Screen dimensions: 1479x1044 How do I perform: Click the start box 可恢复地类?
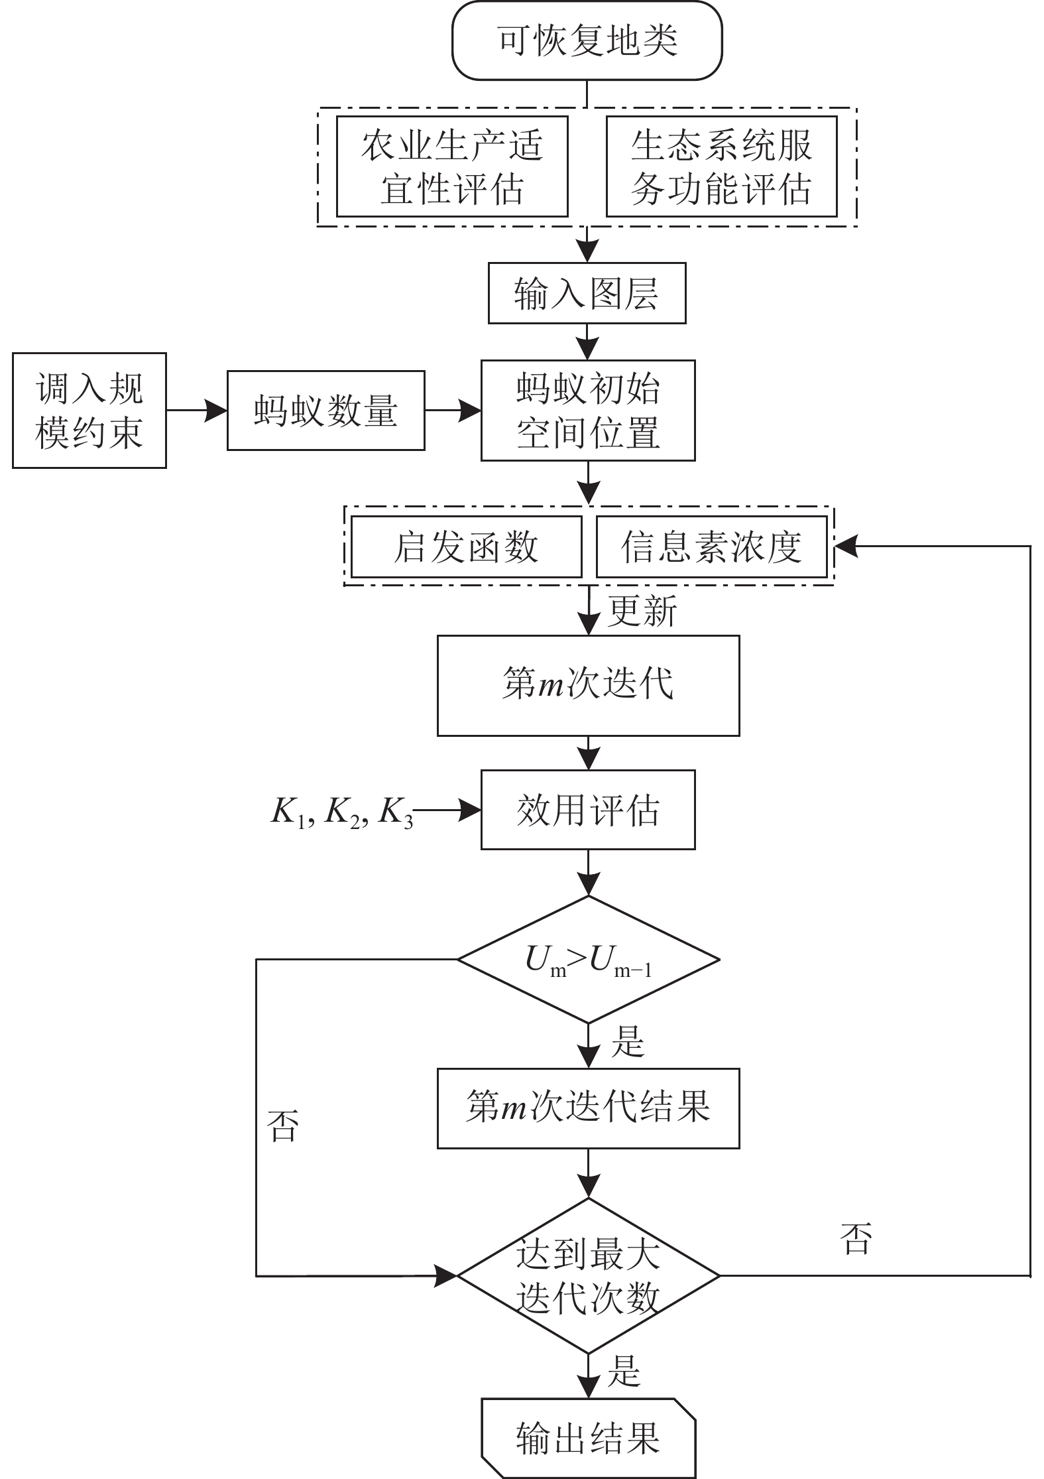(x=587, y=41)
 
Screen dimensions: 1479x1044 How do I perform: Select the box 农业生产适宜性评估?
(x=452, y=166)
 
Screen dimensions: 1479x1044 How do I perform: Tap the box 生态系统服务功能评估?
(x=721, y=166)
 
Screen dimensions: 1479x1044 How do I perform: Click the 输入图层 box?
(x=587, y=293)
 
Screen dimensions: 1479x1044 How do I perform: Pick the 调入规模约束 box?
(x=89, y=411)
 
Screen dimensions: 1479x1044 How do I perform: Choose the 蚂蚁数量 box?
(x=325, y=411)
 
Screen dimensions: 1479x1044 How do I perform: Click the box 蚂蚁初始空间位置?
(x=588, y=411)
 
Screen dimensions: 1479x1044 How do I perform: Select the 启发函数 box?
(x=466, y=547)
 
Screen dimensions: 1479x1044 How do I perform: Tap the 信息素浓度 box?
(x=712, y=547)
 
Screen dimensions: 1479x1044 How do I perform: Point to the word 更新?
(x=642, y=610)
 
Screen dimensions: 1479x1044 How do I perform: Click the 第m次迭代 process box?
(x=588, y=685)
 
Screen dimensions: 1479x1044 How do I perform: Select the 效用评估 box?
(x=588, y=810)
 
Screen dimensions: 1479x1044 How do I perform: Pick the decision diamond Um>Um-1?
(x=588, y=960)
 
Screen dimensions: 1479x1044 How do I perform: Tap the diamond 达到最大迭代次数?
(x=588, y=1275)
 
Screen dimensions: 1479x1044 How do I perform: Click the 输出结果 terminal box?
(x=588, y=1438)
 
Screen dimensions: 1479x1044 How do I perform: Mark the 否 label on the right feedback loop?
(x=856, y=1238)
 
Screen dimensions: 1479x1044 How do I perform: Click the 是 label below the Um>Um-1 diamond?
(x=627, y=1042)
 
